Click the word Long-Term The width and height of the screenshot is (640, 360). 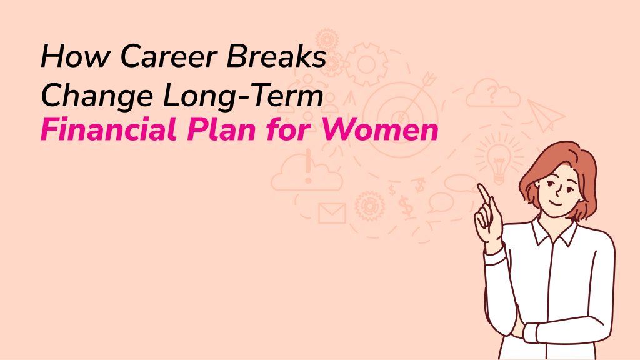243,95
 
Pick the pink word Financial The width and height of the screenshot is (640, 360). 109,129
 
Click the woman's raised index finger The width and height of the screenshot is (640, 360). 484,194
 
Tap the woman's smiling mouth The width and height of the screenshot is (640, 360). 556,202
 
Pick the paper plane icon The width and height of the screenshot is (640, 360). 546,115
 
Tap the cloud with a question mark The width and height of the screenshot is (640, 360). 493,93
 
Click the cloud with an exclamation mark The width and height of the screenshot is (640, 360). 307,171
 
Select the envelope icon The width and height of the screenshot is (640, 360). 332,214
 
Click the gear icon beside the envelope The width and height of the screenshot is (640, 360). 370,206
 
